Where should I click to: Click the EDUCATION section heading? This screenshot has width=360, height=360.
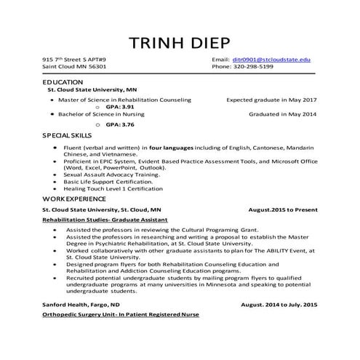click(63, 83)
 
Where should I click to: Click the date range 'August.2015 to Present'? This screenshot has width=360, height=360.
click(282, 209)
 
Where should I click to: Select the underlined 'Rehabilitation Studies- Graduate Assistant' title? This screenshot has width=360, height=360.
click(105, 219)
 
